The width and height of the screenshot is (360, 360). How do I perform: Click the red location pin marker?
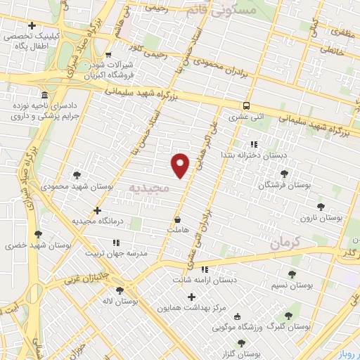(181, 165)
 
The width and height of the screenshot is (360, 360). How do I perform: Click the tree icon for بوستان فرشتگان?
(284, 173)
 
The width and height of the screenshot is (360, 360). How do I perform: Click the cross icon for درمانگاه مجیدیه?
(97, 210)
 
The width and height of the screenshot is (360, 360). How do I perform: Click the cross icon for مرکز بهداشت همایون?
(191, 297)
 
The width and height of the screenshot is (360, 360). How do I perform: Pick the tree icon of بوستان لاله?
(118, 289)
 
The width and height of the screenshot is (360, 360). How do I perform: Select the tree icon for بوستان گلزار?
(241, 343)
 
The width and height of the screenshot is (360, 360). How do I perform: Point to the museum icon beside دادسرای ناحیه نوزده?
(44, 96)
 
